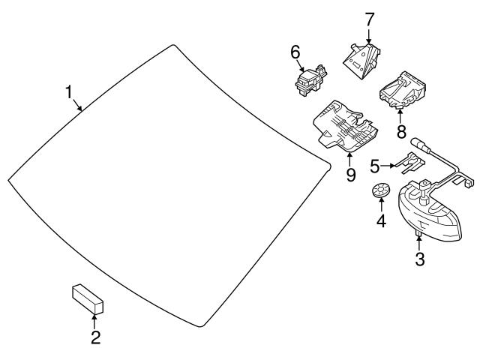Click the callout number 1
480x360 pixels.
(x=68, y=93)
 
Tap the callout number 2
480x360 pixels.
(x=95, y=337)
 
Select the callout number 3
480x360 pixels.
(x=420, y=260)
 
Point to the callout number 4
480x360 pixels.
(x=381, y=221)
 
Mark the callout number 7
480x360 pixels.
(x=369, y=17)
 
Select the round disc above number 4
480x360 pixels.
(x=382, y=193)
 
